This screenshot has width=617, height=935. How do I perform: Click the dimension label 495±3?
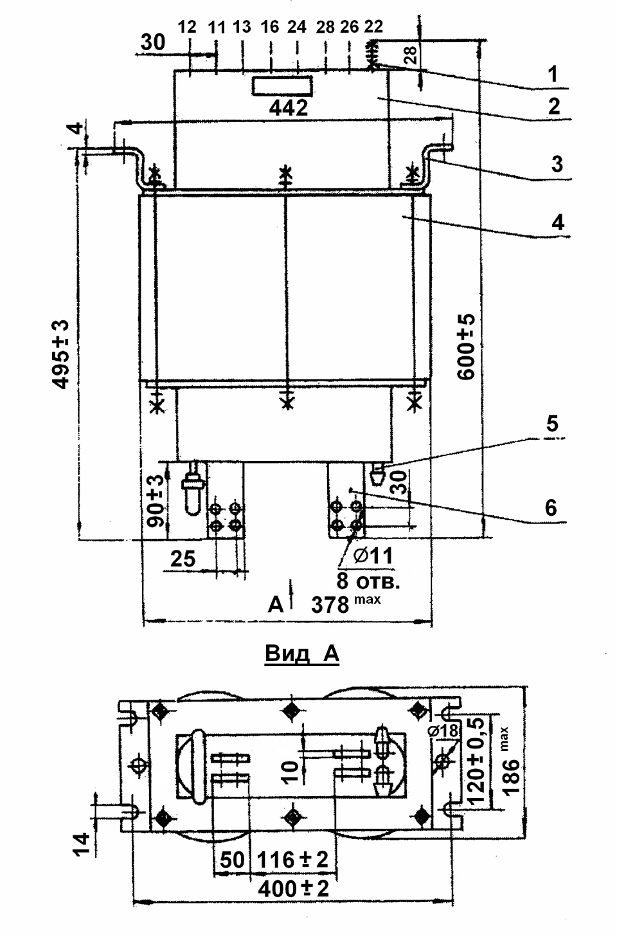(62, 354)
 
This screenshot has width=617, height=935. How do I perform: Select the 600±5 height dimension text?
(467, 347)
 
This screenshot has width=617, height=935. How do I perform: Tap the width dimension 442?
(289, 108)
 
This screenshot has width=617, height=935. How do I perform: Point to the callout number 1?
(553, 75)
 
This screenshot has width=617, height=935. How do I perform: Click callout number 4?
(558, 222)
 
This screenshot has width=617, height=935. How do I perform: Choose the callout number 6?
(551, 507)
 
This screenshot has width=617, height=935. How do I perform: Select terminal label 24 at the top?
(297, 27)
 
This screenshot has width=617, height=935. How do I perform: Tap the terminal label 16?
(270, 27)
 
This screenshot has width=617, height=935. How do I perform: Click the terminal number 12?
(187, 27)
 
